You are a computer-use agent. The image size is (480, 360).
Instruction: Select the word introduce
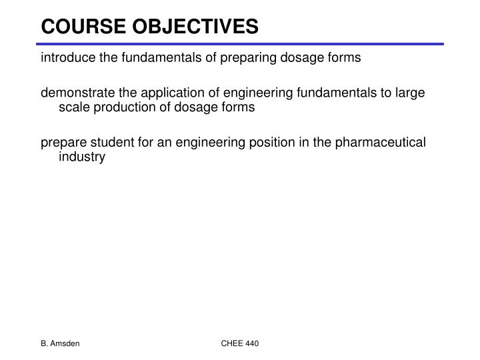pyautogui.click(x=67, y=57)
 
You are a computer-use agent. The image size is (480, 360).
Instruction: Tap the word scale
pyautogui.click(x=73, y=107)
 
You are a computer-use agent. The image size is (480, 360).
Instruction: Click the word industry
pyautogui.click(x=82, y=157)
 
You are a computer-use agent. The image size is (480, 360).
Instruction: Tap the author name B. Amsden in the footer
pyautogui.click(x=59, y=343)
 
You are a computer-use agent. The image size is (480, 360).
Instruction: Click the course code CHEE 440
pyautogui.click(x=240, y=343)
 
